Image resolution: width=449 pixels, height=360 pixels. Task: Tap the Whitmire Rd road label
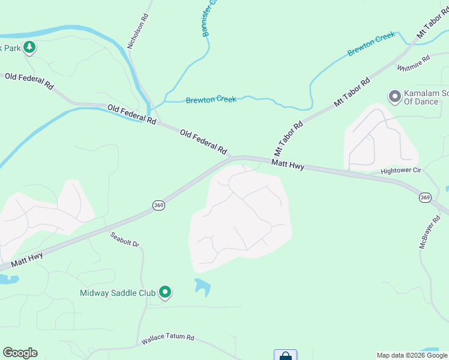[x=414, y=63]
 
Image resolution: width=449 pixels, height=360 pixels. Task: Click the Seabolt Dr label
[x=124, y=240]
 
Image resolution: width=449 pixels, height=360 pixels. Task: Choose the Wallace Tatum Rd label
[x=168, y=340]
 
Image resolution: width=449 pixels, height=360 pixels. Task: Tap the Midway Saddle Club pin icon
[x=165, y=293]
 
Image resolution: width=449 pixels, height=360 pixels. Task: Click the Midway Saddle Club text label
[x=118, y=293]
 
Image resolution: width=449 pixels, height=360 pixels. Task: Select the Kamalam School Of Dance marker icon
[x=394, y=96]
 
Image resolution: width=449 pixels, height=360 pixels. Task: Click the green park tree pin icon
[x=29, y=47]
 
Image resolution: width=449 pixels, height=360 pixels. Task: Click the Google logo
[x=20, y=353]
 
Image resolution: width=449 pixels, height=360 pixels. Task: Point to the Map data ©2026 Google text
[x=411, y=355]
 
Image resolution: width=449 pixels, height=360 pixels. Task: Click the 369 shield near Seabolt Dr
[x=158, y=205]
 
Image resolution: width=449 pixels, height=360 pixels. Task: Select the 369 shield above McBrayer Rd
[x=425, y=197]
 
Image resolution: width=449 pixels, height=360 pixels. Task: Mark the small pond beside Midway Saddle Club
[x=203, y=287]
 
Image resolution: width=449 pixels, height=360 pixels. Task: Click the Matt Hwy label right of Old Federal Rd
[x=288, y=164]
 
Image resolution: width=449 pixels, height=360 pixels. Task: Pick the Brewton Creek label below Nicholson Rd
[x=211, y=100]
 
